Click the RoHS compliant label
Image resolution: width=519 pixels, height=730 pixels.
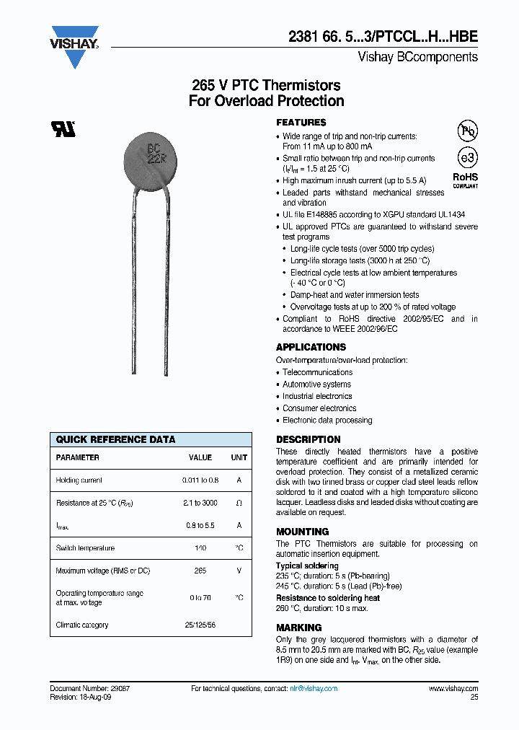coord(465,180)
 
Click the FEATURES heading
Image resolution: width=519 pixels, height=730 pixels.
coord(301,123)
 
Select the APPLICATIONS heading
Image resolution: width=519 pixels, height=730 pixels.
coord(311,347)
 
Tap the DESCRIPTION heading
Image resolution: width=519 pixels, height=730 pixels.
coord(309,439)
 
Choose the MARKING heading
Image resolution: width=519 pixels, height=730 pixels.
coord(299,628)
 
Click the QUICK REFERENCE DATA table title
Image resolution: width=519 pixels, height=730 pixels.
coord(115,439)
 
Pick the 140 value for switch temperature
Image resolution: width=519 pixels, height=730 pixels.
coord(200,548)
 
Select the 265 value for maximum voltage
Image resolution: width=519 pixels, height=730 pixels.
coord(200,571)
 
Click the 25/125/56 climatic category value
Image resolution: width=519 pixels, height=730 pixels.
coord(200,625)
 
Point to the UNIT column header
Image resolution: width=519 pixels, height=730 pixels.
coord(239,457)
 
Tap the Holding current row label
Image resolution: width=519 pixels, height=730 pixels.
coord(79,480)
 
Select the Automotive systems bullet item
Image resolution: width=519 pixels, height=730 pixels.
coord(316,384)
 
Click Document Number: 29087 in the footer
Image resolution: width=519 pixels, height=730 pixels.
coord(89,689)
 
